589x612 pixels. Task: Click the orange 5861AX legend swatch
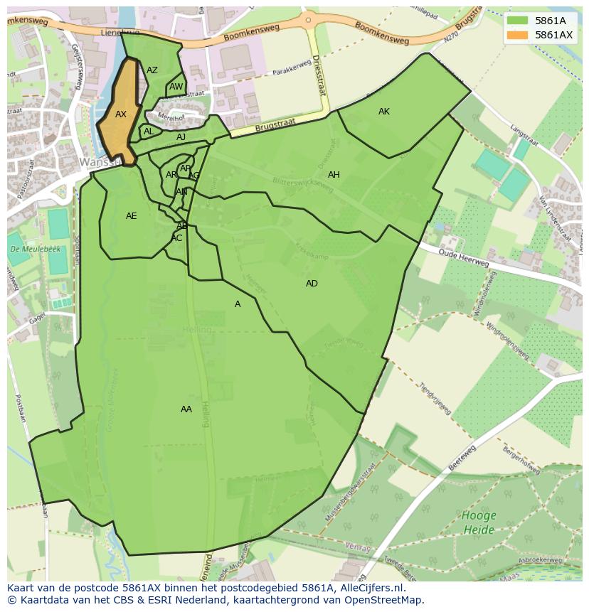click(x=519, y=35)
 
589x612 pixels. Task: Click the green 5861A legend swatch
click(x=519, y=21)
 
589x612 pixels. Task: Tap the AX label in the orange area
click(x=121, y=114)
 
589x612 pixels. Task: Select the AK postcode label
click(x=384, y=112)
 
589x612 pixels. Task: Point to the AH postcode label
click(x=334, y=175)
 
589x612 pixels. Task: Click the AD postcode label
click(x=312, y=284)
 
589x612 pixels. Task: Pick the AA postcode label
click(x=186, y=409)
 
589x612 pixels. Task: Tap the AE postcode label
click(x=132, y=216)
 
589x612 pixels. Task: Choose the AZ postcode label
click(x=152, y=70)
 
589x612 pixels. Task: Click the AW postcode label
click(x=176, y=87)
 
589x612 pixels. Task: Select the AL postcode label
click(x=149, y=131)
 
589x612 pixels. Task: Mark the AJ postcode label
click(x=181, y=137)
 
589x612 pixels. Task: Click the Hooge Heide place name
click(x=479, y=522)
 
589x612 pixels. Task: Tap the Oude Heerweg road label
click(x=463, y=258)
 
